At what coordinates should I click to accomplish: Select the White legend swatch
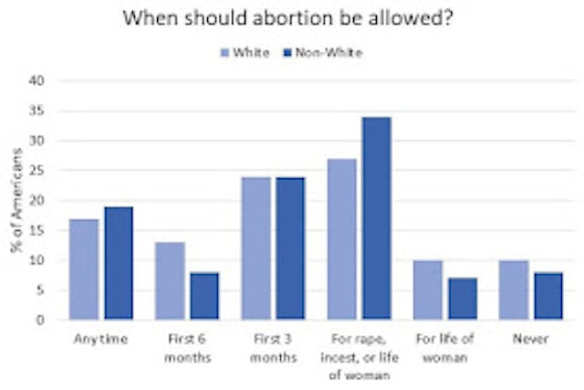pyautogui.click(x=224, y=52)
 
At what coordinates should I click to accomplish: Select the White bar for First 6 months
pyautogui.click(x=171, y=280)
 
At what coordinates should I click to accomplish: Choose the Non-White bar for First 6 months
pyautogui.click(x=203, y=296)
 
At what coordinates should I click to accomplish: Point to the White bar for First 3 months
pyautogui.click(x=255, y=248)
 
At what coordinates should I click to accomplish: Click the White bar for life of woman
pyautogui.click(x=427, y=290)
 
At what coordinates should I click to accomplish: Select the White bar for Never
pyautogui.click(x=513, y=290)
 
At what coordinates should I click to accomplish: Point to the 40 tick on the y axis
pyautogui.click(x=37, y=80)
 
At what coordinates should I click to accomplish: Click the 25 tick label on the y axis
pyautogui.click(x=37, y=171)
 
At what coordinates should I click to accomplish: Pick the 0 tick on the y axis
pyautogui.click(x=40, y=321)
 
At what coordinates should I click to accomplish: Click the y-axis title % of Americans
pyautogui.click(x=16, y=201)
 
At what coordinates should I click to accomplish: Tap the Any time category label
pyautogui.click(x=101, y=340)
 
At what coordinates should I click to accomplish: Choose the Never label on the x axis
pyautogui.click(x=529, y=340)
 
